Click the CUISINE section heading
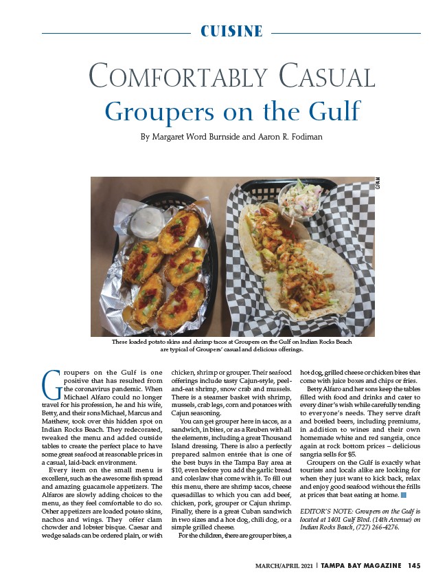pyautogui.click(x=231, y=32)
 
